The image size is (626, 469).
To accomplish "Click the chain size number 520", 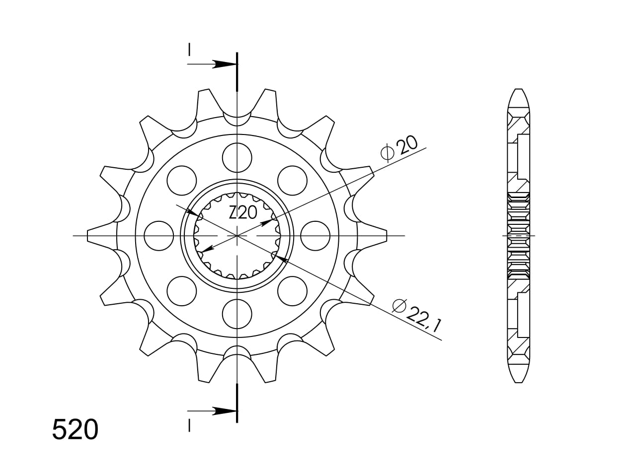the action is [x=76, y=430].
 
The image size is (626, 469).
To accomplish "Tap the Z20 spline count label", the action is [x=243, y=213].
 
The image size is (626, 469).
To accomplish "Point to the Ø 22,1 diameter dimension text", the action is [x=417, y=315].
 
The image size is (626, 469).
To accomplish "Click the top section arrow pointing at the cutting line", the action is [x=212, y=64].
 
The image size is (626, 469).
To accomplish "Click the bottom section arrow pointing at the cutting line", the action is [x=212, y=411].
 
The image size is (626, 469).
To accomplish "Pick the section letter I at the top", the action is [x=189, y=50].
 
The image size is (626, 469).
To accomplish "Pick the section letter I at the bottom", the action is [x=189, y=425].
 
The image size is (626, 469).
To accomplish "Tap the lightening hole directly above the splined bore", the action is [x=237, y=158].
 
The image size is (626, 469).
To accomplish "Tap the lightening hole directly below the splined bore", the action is [x=237, y=314].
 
